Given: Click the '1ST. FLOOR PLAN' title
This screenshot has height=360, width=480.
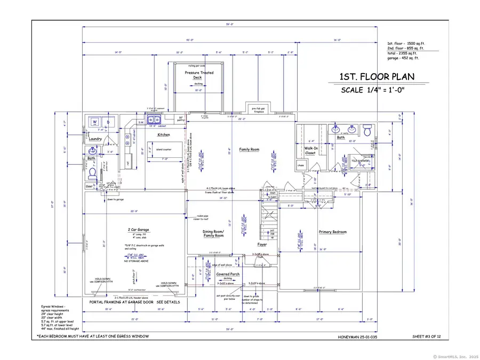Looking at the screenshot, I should point(377,77).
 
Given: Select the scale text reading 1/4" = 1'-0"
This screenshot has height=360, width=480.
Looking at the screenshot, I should point(373,90).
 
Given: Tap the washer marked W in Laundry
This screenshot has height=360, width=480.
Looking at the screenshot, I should point(94,122).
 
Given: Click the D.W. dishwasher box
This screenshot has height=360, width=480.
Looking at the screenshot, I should point(141,123).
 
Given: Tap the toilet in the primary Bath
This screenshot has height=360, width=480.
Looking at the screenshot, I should point(367,130).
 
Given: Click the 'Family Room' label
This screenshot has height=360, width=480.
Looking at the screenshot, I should point(249,149).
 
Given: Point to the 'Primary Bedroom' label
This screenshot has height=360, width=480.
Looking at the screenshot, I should point(333,232).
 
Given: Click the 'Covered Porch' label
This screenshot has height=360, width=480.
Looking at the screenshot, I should point(228,274).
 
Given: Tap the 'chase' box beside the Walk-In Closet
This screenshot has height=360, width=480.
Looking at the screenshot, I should point(301,165).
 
